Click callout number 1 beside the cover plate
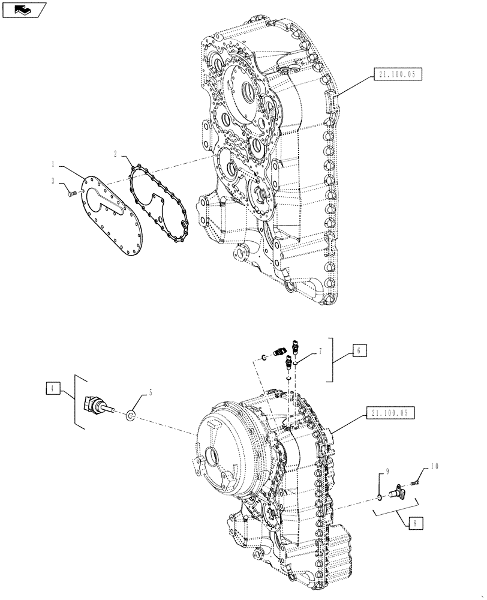point(53,163)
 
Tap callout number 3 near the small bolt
point(53,181)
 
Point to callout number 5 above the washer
point(151,392)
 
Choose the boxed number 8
point(413,523)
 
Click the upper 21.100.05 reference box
point(398,74)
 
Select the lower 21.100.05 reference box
point(389,413)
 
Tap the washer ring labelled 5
point(131,415)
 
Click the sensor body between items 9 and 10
point(399,492)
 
